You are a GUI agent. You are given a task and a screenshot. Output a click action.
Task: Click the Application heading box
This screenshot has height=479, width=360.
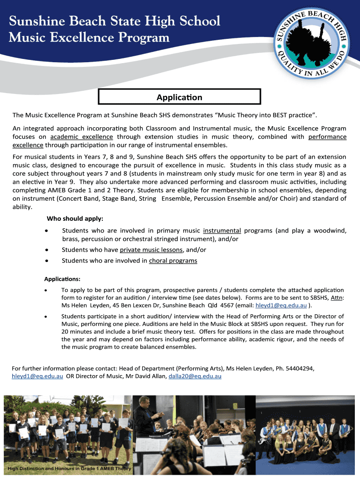click(180, 98)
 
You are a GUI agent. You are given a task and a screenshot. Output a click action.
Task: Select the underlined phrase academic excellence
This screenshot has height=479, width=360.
click(81, 137)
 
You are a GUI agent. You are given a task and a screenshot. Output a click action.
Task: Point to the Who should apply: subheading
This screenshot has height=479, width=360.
click(75, 219)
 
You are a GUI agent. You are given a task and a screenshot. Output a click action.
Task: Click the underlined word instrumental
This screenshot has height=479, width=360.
click(222, 231)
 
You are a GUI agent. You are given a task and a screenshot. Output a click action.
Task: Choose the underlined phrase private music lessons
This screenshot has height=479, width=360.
click(151, 250)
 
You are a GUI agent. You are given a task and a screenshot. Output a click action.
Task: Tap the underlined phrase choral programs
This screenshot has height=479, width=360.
click(173, 261)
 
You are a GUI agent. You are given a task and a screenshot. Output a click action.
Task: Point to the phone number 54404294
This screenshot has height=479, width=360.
click(297, 368)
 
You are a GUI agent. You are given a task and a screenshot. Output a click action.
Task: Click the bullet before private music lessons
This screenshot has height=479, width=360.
click(46, 250)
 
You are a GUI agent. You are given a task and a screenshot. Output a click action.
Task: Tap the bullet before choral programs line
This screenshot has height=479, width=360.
click(46, 261)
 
